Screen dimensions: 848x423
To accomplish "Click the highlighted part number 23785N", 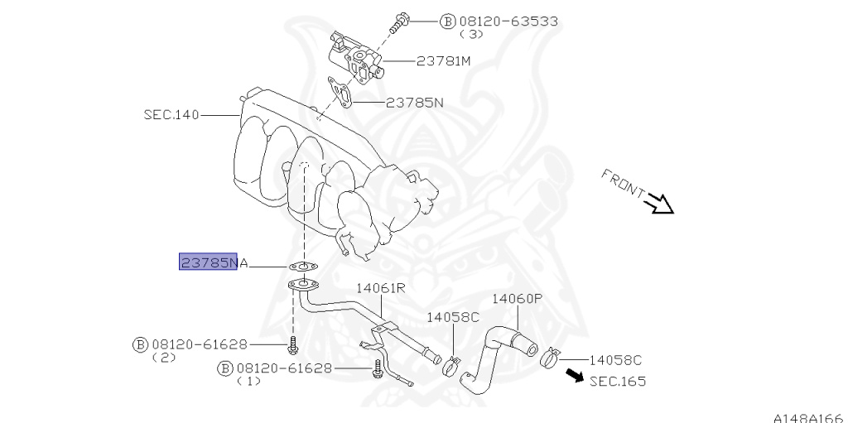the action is pos(208,262).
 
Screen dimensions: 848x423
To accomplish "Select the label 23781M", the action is pos(443,61).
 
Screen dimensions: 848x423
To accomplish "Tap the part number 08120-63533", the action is pos(508,22).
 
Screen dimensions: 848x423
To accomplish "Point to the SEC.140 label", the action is pos(171,115).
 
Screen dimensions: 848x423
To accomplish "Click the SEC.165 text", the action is pos(618,382).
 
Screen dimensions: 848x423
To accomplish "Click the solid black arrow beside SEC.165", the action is pos(575,375).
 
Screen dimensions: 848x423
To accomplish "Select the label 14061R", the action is pos(379,288).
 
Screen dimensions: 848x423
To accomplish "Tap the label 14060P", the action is pos(517,298).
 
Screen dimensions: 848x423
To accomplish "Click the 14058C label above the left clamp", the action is pos(453,317).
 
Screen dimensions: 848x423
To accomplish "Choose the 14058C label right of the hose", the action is pos(615,360).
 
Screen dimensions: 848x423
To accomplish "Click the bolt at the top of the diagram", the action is pos(400,22).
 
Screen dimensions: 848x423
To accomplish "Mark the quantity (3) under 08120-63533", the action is pos(471,34).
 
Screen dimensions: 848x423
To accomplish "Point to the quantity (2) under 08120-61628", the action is pos(164,358).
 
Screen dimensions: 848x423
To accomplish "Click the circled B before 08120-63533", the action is pos(448,22).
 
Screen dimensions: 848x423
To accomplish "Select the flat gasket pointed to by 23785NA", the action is pos(303,266).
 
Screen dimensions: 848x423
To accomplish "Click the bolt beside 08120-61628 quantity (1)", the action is pos(377,371).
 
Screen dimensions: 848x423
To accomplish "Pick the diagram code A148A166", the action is pos(810,417).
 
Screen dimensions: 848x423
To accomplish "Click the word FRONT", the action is pos(623,183).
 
